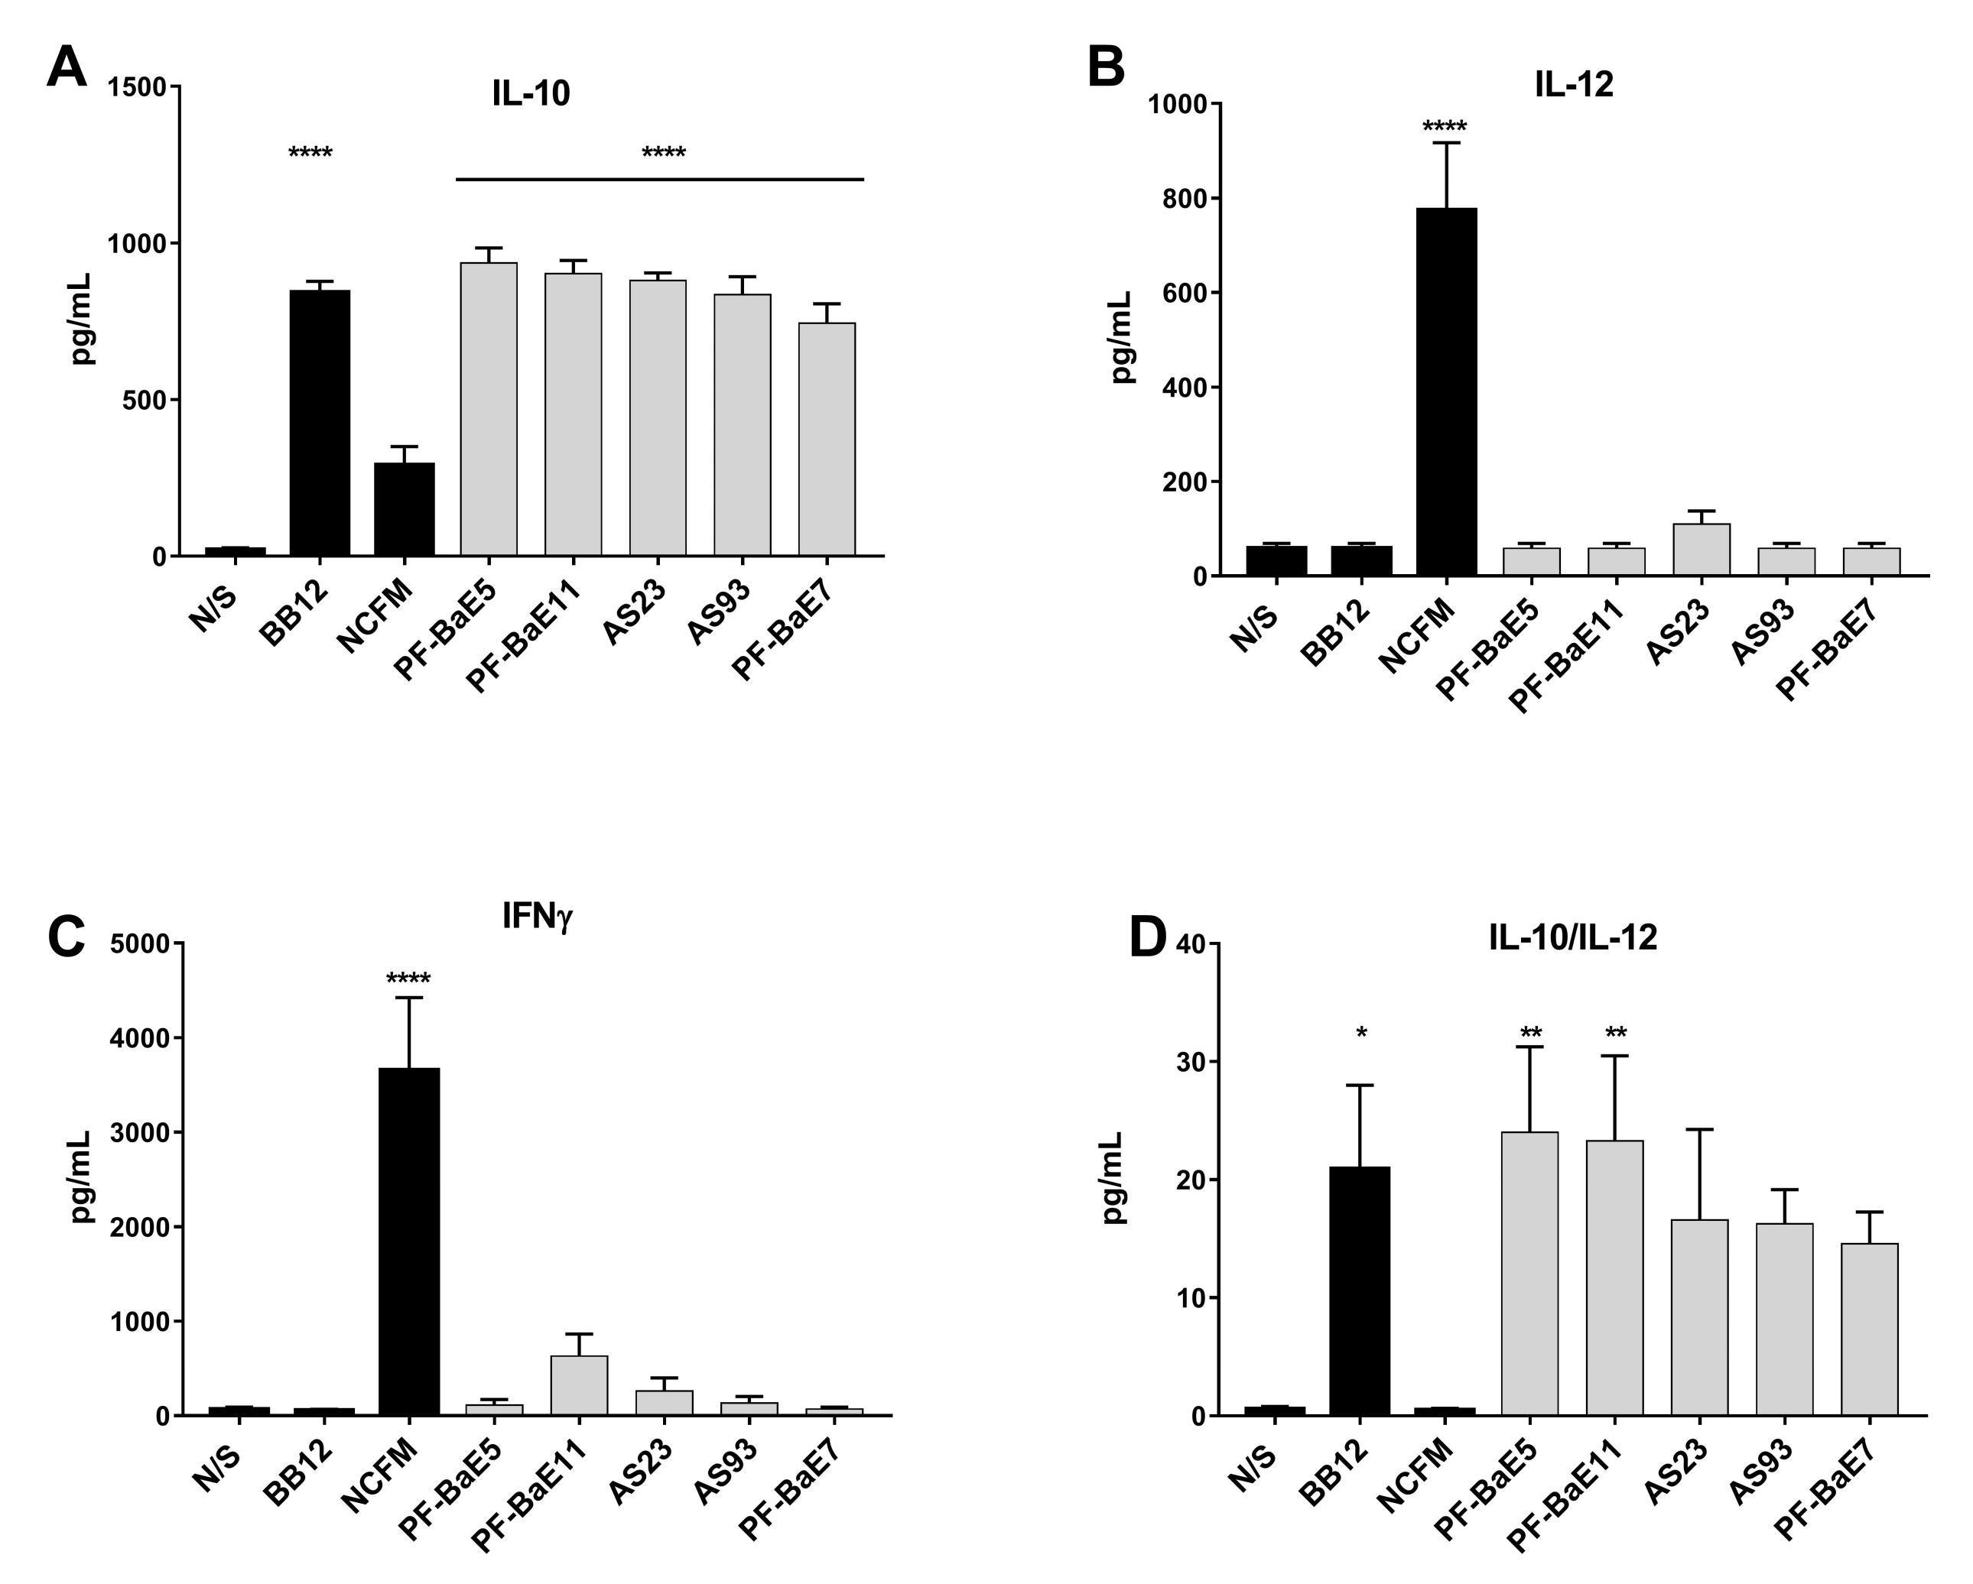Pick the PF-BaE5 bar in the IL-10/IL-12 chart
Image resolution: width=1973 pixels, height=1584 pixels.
[x=1529, y=1273]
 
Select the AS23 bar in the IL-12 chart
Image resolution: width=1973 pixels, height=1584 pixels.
[x=1700, y=549]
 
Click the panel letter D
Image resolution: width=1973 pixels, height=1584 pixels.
[x=1149, y=939]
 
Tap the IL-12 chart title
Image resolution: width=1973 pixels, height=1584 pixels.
[x=1573, y=84]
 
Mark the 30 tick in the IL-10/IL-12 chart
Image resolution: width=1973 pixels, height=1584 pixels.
[x=1186, y=1063]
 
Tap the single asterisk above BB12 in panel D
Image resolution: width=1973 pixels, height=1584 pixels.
[x=1360, y=1034]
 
